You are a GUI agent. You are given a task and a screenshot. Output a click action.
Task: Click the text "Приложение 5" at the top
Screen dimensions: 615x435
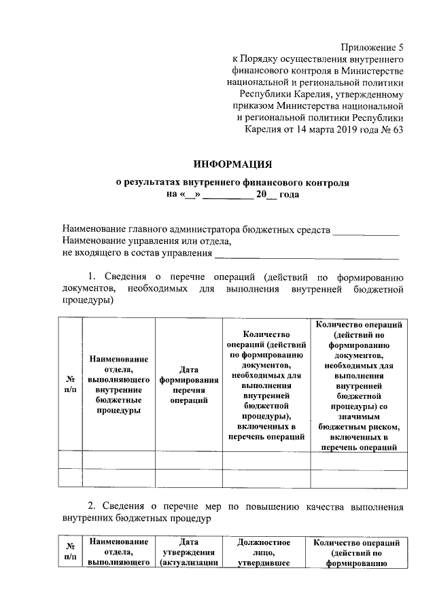(372, 48)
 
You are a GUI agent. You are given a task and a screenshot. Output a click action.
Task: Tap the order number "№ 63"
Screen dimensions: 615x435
(391, 130)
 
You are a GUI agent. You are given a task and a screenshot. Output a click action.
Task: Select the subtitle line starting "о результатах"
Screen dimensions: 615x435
(232, 183)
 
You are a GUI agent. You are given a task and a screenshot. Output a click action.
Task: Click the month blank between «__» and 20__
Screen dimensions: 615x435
(227, 196)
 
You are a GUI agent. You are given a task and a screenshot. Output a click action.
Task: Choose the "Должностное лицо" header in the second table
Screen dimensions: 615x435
(264, 552)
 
